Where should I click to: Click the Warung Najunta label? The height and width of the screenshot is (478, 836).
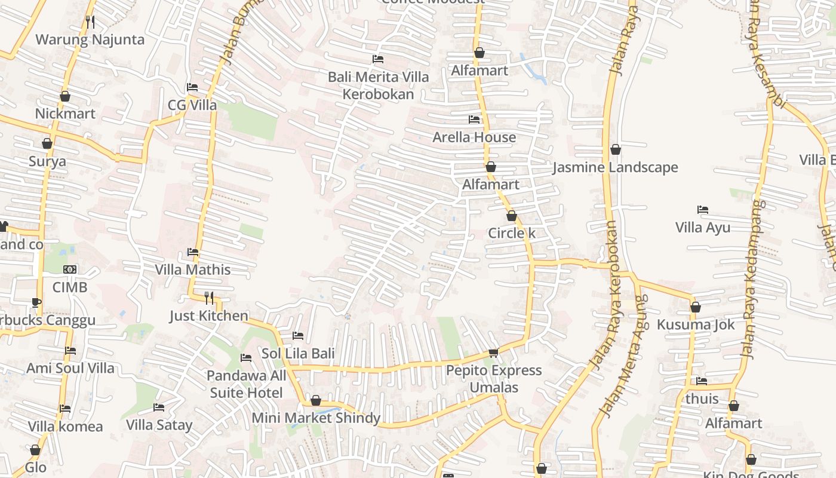(x=90, y=40)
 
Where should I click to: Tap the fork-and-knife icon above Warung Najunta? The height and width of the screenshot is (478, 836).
(x=90, y=22)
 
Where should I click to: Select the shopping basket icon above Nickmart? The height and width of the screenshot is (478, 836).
(x=65, y=96)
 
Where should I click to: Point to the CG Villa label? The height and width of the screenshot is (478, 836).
(x=192, y=105)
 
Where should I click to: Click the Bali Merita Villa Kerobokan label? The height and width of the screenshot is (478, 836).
(x=378, y=85)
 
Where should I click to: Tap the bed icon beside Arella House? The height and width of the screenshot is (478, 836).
(x=474, y=119)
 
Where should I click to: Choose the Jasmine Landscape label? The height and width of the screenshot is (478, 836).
(x=615, y=167)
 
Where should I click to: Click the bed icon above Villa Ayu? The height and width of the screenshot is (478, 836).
(x=703, y=210)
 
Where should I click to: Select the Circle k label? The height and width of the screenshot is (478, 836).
(x=512, y=233)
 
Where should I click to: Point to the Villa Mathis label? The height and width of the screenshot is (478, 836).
(x=193, y=269)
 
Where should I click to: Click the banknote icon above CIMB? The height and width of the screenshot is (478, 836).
(x=70, y=269)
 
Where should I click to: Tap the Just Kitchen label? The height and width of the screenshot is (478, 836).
(x=208, y=316)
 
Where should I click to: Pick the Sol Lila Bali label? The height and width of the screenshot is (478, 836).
(x=298, y=353)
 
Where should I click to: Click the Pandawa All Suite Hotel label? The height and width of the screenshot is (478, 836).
(x=246, y=384)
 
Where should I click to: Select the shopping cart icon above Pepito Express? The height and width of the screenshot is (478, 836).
(x=493, y=353)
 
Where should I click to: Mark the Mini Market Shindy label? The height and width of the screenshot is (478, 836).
(x=316, y=418)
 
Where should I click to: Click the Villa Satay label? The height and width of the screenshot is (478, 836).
(x=159, y=425)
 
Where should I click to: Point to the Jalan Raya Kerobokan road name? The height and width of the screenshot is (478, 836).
(x=609, y=293)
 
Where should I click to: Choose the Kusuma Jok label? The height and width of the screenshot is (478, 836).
(x=696, y=325)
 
